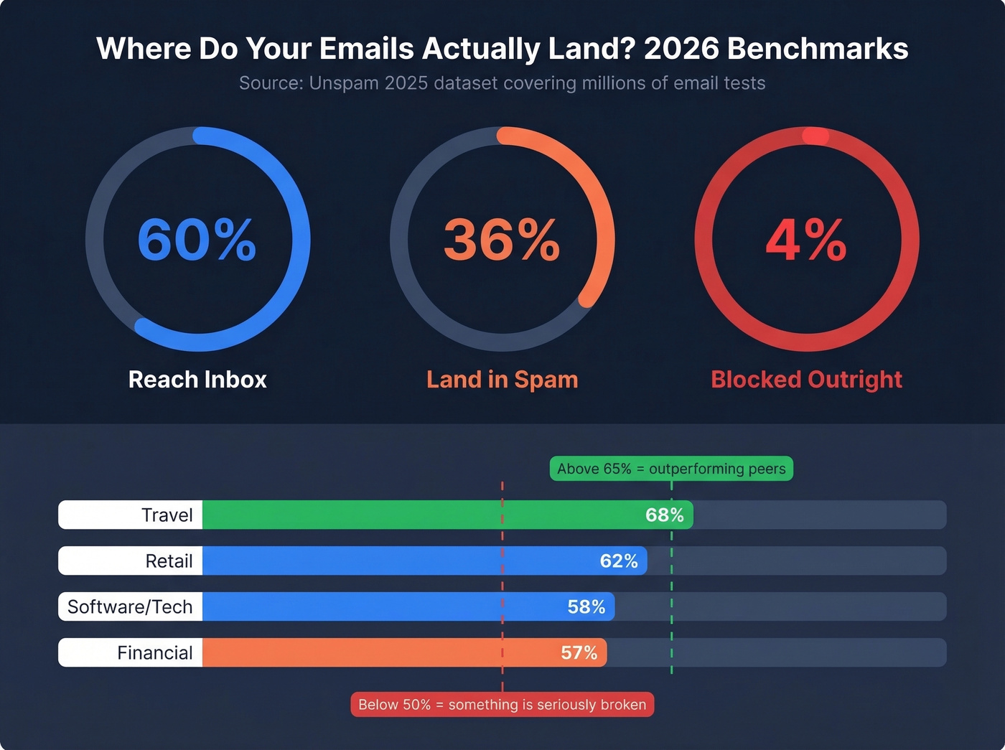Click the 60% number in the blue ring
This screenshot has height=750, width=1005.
point(197,240)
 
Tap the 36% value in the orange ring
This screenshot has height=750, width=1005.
point(502,240)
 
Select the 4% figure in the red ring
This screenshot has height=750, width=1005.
point(806,240)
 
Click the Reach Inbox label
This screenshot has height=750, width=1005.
point(197,379)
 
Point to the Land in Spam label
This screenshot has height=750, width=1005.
point(502,379)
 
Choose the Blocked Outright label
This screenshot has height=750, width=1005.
point(806,379)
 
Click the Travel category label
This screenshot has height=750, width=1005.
point(167,515)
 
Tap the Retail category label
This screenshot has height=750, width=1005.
point(169,561)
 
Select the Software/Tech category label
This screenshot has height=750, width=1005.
point(130,607)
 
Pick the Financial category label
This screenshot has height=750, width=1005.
point(154,653)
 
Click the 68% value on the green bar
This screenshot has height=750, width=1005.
point(664,515)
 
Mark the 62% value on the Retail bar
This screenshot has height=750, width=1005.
point(619,561)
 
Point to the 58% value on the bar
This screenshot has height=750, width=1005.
point(586,607)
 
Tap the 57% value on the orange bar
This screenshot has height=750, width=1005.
point(579,653)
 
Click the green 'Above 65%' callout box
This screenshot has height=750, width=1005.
point(671,469)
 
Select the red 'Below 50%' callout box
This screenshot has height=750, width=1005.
point(502,705)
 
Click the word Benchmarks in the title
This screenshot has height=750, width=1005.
point(818,49)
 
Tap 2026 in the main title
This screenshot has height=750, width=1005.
point(681,49)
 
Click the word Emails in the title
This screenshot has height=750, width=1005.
point(366,49)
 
